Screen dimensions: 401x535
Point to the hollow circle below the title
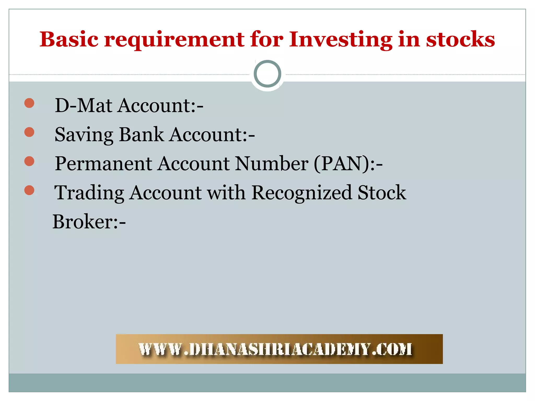(267, 74)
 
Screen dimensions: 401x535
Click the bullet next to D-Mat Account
(29, 103)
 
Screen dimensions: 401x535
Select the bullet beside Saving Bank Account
(29, 132)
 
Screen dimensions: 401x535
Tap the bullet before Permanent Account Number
(29, 161)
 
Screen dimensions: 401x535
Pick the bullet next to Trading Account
(29, 190)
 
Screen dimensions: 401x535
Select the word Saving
(84, 135)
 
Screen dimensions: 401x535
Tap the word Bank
(141, 134)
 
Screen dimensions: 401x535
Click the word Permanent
(103, 164)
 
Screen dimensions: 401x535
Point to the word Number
(272, 164)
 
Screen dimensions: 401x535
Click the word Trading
(89, 193)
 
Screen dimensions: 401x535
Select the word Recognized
(302, 193)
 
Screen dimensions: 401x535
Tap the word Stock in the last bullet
(382, 193)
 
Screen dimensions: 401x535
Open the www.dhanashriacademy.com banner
(279, 349)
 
